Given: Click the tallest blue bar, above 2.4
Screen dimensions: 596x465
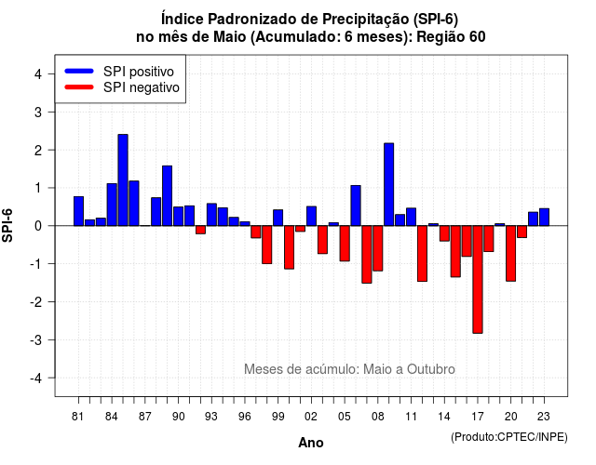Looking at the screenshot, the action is tap(123, 179).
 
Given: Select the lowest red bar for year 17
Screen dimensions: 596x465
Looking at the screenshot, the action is tap(478, 279).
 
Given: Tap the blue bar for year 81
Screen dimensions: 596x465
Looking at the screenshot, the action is tap(78, 211).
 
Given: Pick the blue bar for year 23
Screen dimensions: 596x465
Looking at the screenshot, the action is tap(544, 217).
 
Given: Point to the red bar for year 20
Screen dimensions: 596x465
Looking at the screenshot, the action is tap(511, 253).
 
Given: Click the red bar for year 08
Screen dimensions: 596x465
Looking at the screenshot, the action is tap(378, 248).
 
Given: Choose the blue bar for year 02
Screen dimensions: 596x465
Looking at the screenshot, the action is tap(311, 216).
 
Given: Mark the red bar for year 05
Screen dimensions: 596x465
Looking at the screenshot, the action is tap(345, 244).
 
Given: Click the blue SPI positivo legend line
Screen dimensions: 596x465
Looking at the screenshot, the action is tap(79, 71).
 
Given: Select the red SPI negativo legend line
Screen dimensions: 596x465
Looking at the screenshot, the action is tap(79, 86).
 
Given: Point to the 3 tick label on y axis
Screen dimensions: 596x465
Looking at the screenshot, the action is tap(38, 112).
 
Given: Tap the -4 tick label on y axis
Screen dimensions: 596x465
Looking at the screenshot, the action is tap(36, 379).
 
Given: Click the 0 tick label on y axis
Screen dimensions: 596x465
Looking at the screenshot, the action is tap(38, 226).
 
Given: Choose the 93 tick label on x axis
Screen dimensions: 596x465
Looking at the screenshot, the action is tap(211, 417).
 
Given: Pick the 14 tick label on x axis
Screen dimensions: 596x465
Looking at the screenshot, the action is tap(444, 417).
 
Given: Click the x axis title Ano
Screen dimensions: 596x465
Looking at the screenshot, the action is tap(311, 443).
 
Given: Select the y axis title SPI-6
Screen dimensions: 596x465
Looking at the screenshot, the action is tap(7, 225).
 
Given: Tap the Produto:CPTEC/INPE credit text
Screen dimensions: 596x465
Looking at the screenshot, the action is tap(509, 437).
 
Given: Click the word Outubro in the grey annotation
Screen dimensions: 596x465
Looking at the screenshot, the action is tap(431, 369).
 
